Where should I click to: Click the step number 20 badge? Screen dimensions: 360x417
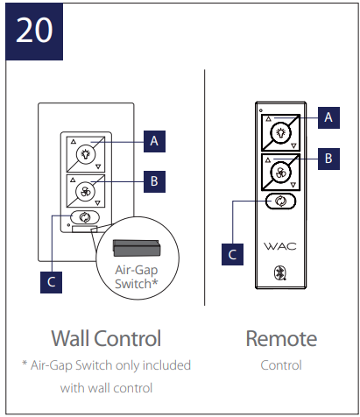pos(34,32)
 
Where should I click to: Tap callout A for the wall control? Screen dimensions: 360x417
pos(154,141)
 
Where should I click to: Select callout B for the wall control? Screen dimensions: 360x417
pos(154,181)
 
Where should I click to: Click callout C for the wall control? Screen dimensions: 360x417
pos(51,282)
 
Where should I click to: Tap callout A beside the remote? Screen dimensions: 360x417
pos(328,117)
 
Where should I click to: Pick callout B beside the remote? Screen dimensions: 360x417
pos(328,159)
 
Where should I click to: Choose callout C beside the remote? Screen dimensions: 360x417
pos(232,254)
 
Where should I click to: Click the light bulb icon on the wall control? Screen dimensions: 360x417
pos(86,154)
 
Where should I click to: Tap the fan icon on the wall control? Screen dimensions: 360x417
pos(85,192)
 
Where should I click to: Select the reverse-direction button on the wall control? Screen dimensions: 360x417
pos(85,217)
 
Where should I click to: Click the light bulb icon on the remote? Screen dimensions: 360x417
pos(281,133)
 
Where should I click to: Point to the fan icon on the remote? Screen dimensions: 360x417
pos(280,173)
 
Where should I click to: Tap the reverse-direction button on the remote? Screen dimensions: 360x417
pos(280,201)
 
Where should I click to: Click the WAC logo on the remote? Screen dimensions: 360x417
pos(280,246)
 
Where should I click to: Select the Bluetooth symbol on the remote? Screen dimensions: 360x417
pos(280,273)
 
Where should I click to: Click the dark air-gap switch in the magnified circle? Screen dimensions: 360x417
pos(137,248)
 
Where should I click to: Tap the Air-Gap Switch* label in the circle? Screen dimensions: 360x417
pos(137,277)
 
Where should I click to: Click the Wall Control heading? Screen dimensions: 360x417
pos(106,338)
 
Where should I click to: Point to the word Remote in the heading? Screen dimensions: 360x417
pos(281,339)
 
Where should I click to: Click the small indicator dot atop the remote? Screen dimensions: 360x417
pos(261,110)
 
